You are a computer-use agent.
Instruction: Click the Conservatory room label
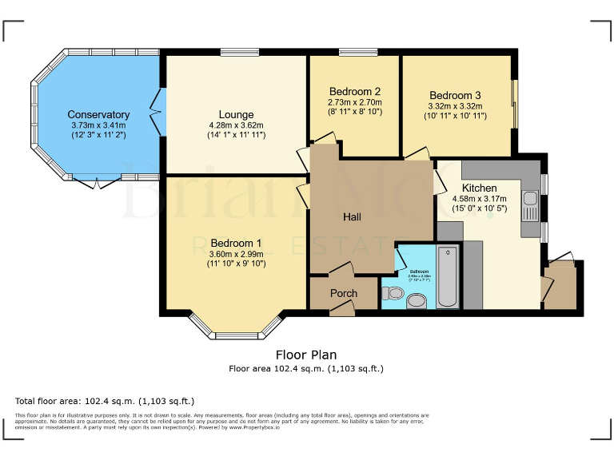(x=98, y=114)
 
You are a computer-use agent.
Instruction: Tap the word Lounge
(x=236, y=114)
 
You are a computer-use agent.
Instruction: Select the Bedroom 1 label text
(x=236, y=243)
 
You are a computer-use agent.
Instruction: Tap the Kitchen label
(x=480, y=188)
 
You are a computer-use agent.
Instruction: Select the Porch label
(x=344, y=293)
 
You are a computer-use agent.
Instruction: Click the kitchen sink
(x=529, y=198)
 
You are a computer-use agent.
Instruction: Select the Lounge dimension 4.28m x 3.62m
(x=236, y=125)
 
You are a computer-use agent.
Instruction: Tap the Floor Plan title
(x=306, y=355)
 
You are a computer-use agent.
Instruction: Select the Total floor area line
(x=105, y=401)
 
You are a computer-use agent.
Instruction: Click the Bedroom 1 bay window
(x=236, y=327)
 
